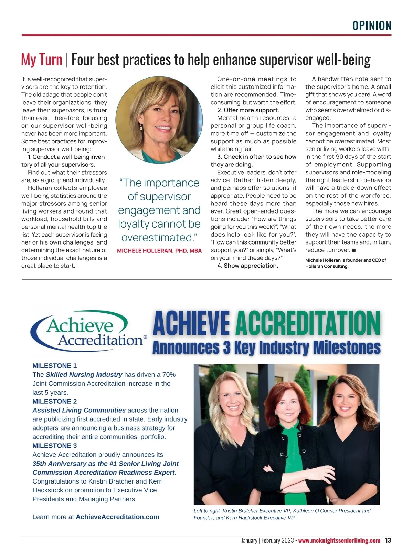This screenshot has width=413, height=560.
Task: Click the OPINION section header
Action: tap(372, 26)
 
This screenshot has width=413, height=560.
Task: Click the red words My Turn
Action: tap(42, 60)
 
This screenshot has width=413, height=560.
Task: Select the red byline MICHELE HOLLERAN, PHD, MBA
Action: tap(159, 251)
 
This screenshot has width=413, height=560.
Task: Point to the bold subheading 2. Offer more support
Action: tap(248, 110)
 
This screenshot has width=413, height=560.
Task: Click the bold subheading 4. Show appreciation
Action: tap(248, 266)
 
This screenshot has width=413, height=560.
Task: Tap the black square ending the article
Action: tap(354, 250)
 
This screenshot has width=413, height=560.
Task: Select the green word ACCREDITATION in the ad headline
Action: tap(308, 323)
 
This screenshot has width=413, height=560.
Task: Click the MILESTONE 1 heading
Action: tap(55, 366)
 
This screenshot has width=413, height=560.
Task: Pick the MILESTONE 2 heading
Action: tap(55, 401)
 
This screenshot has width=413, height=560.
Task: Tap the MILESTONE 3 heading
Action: tap(55, 446)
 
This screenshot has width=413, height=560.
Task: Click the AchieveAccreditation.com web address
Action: tap(117, 517)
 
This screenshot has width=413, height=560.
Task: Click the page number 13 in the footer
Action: tap(388, 540)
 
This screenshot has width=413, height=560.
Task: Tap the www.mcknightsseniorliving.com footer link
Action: tap(339, 541)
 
